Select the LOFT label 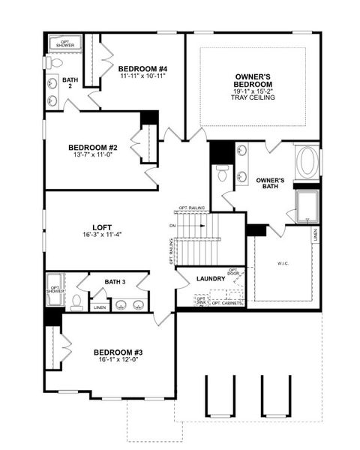coord(102,226)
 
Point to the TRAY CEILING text coord(253,97)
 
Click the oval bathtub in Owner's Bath coord(307,163)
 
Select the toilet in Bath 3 coord(76,302)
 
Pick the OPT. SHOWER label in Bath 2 coord(67,44)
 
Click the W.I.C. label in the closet coord(283,262)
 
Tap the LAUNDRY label coord(211,278)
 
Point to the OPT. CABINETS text coord(227,303)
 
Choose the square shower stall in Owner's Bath coord(307,205)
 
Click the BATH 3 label coord(115,281)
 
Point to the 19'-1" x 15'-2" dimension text coord(253,91)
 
